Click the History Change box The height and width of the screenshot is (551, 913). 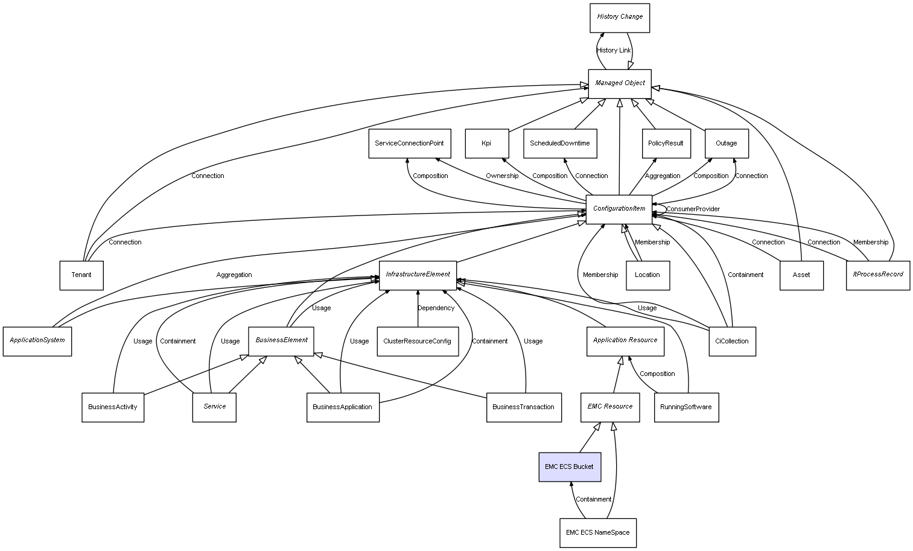(620, 18)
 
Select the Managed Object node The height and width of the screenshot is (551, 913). (620, 83)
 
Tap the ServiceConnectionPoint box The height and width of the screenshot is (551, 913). (409, 144)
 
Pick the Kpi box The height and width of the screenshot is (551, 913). (487, 144)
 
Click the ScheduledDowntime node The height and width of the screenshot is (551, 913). (560, 144)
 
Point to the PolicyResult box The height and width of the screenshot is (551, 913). (666, 144)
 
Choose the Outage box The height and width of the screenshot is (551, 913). (727, 144)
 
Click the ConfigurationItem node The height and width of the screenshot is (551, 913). (619, 209)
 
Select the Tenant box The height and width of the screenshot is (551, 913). (81, 275)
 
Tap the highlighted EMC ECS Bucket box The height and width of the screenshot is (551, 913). (570, 467)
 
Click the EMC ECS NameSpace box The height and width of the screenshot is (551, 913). (598, 533)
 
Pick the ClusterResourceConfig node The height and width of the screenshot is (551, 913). (418, 342)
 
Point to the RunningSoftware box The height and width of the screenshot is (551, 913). (686, 407)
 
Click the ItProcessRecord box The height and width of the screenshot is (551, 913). (878, 275)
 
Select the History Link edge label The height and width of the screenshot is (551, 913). (614, 51)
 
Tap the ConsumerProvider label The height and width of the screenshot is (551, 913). (693, 209)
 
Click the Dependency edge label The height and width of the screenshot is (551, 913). (436, 308)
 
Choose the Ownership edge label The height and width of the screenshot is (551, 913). (502, 176)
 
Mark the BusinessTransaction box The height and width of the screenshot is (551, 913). (524, 407)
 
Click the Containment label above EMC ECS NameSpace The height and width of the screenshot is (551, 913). (594, 500)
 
